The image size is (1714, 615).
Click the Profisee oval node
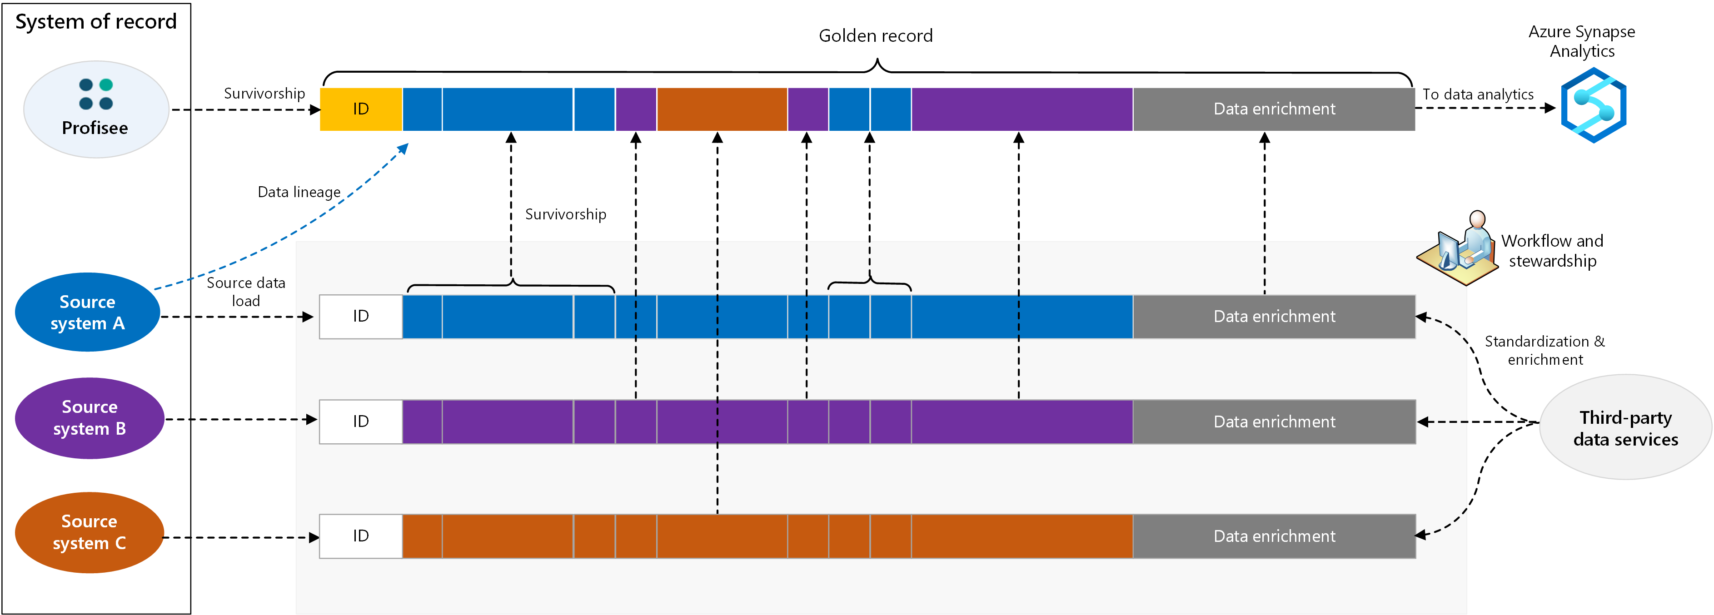(96, 109)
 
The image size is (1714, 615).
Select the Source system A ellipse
(88, 312)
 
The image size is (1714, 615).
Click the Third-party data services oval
(1625, 427)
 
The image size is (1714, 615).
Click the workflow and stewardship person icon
(1460, 249)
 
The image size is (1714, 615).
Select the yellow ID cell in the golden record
(361, 109)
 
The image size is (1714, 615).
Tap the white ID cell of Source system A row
(361, 317)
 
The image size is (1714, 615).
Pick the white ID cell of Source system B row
(361, 422)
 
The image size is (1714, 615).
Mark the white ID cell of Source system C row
(361, 536)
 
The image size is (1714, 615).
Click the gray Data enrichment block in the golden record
(1274, 109)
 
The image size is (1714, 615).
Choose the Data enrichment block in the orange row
(1274, 536)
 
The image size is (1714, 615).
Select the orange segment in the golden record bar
(722, 109)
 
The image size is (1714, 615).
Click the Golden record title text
(875, 36)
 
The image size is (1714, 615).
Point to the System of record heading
(96, 22)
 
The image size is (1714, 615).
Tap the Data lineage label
(299, 192)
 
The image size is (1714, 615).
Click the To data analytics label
(1477, 94)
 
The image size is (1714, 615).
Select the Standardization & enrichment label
(1545, 350)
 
